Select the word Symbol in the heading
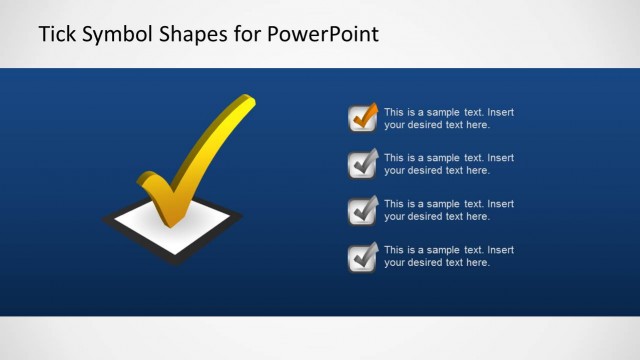pos(115,34)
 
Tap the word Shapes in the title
pos(191,34)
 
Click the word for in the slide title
pos(246,34)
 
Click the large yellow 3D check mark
pos(200,160)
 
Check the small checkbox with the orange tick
pos(362,119)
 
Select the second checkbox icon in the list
pos(362,164)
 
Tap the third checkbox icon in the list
pos(362,210)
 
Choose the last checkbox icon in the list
pos(362,257)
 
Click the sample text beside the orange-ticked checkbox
pos(448,119)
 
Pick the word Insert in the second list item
pos(500,158)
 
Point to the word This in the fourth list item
pos(393,250)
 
